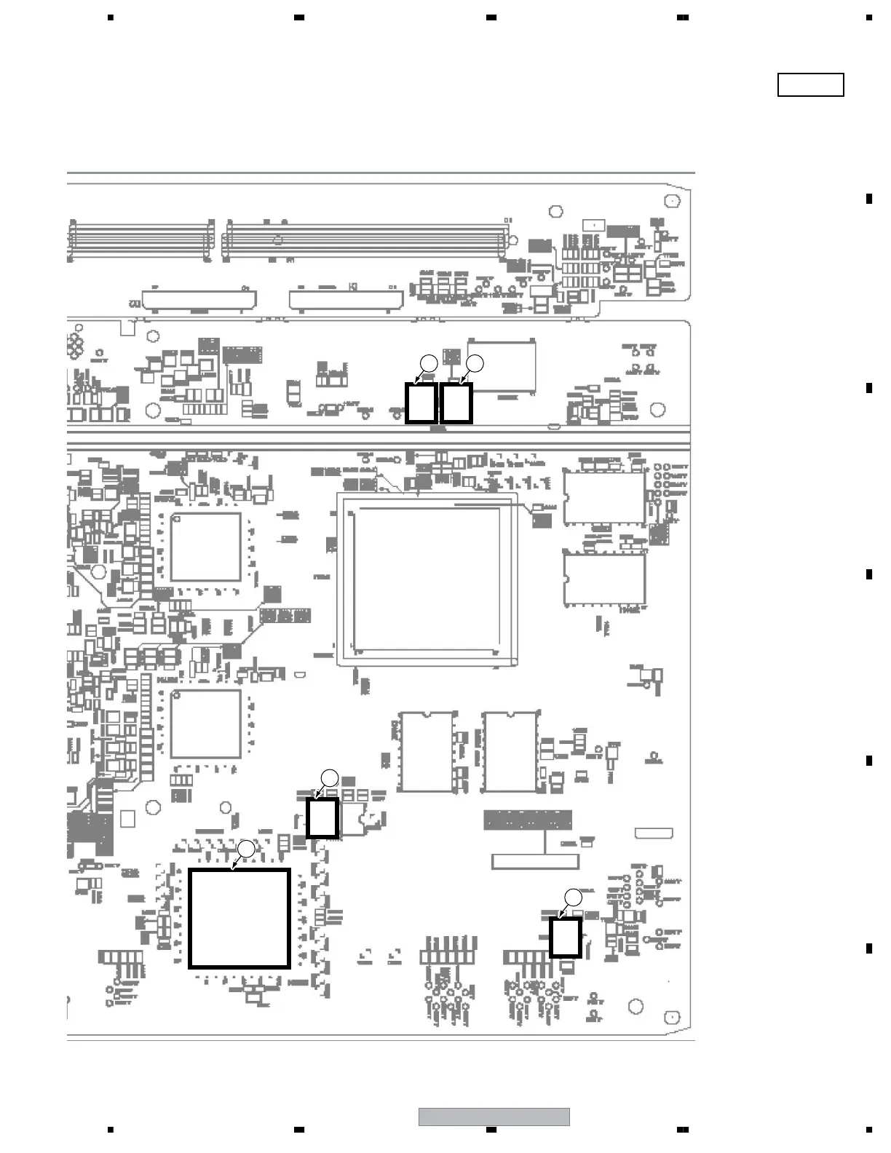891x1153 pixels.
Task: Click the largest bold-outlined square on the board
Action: tap(239, 918)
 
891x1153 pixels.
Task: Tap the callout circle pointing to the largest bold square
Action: tap(247, 849)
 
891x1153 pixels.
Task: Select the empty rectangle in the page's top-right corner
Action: tap(810, 85)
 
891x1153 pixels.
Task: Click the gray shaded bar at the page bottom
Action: tap(494, 1117)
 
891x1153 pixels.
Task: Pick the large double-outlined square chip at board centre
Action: tap(427, 579)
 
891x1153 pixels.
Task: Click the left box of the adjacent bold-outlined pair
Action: tap(421, 403)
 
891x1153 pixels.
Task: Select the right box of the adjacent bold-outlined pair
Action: tap(456, 403)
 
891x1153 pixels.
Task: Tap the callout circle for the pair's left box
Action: tap(429, 362)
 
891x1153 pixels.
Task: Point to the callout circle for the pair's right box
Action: tap(475, 362)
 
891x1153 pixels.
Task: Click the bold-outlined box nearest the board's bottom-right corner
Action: tap(565, 938)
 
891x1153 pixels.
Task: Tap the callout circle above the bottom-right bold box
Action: tap(574, 897)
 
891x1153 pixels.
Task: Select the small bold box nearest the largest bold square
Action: tap(322, 818)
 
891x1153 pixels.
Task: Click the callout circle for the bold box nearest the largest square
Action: tap(330, 777)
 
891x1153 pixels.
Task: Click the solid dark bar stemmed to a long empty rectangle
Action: tap(528, 820)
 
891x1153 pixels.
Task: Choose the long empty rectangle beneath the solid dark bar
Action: tap(536, 861)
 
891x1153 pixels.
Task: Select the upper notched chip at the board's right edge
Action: tap(604, 498)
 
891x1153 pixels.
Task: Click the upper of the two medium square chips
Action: tap(206, 547)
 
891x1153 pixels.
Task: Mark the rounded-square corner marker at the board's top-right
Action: tap(674, 201)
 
